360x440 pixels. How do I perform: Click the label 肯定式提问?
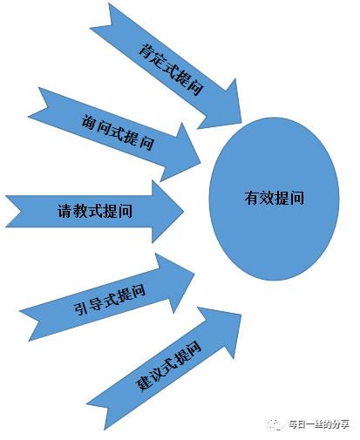(170, 69)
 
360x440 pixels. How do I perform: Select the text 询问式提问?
(118, 132)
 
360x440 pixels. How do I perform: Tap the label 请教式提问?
(95, 211)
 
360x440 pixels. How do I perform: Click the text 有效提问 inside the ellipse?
(274, 198)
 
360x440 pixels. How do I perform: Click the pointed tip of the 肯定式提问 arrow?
(241, 123)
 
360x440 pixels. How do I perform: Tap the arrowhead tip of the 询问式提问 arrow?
(200, 164)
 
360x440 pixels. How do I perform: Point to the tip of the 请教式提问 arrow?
(184, 211)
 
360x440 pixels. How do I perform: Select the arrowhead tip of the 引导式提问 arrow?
(194, 273)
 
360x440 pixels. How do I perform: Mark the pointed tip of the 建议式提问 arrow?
(241, 315)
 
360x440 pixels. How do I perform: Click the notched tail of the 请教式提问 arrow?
(19, 211)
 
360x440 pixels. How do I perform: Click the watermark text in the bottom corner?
(318, 424)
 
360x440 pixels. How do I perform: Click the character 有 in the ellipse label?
(252, 198)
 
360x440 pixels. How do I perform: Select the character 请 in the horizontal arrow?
(65, 211)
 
